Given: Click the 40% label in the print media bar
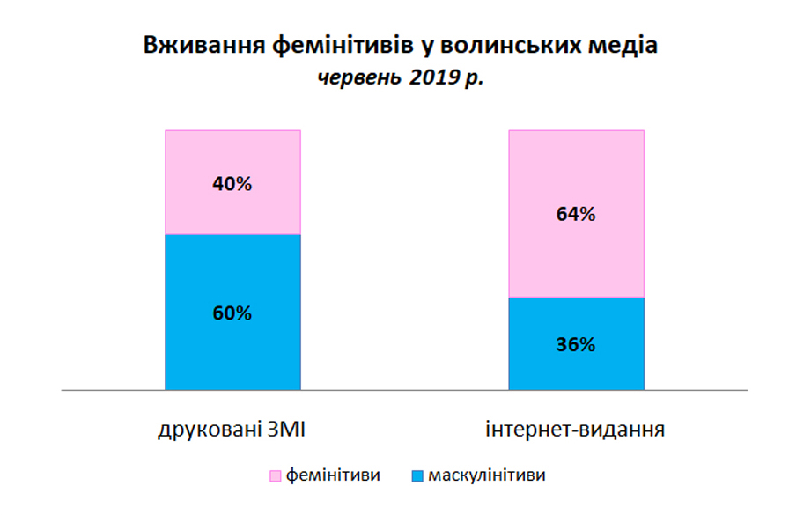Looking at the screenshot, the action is pos(232,184).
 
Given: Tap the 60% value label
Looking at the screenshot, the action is pos(232,313).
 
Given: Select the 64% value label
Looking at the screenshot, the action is pos(576,214).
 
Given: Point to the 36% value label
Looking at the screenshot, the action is pos(576,344).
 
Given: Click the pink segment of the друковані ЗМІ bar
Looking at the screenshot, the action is pos(232,182).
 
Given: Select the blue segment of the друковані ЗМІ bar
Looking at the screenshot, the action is pos(232,313).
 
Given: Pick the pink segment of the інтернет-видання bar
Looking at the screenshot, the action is pos(577,214).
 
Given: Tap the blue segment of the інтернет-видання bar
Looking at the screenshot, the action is pos(577,344).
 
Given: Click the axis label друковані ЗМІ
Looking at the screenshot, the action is pos(232,430).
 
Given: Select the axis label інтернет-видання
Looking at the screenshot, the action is pos(575,430).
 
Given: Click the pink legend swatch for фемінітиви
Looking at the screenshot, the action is pos(275,475).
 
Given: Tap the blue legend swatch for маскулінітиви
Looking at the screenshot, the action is pos(417,475).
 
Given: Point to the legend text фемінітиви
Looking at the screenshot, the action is pos(333,475).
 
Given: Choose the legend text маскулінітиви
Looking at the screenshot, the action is pos(487,475).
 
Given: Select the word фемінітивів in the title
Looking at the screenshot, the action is pos(342,45).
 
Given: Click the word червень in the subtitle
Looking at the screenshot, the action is pos(359,78).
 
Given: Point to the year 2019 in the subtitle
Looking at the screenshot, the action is pos(433,77).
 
